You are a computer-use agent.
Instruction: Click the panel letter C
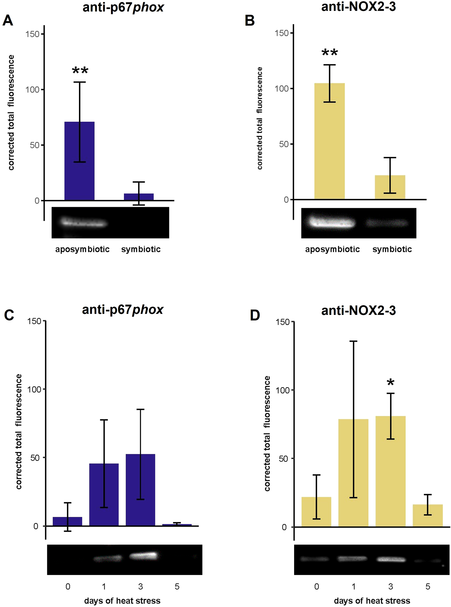9,315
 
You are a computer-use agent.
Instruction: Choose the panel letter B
250,20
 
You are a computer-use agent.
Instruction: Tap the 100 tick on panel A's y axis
32,90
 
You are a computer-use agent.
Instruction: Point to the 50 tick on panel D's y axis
284,459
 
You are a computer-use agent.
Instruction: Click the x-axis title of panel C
122,600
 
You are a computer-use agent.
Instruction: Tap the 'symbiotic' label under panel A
141,249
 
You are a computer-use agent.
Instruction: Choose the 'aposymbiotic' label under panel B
332,249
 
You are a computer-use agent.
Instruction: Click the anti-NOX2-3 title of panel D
358,311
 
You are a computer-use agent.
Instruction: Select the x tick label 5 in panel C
177,586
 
